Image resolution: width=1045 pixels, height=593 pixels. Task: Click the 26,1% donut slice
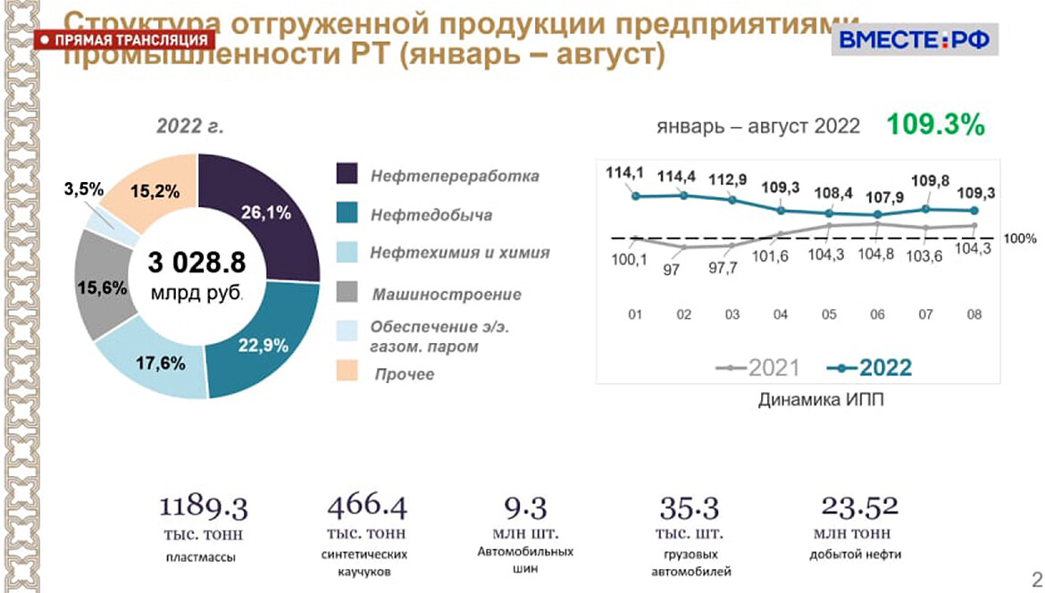[x=268, y=214]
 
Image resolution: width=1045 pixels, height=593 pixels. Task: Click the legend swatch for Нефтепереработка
[x=347, y=175]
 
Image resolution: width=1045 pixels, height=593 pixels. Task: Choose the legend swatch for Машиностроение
[x=347, y=292]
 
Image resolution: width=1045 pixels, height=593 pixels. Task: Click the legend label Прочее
[x=405, y=373]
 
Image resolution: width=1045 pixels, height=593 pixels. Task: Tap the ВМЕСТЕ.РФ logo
[x=914, y=39]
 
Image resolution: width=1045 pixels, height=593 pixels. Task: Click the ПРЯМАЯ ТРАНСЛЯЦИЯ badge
[x=126, y=40]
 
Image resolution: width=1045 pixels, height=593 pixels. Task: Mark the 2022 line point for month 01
[x=636, y=196]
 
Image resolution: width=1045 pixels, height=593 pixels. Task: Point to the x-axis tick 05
[x=830, y=314]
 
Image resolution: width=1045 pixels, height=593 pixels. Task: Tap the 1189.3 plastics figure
[x=204, y=507]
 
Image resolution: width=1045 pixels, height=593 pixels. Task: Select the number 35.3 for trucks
[x=690, y=507]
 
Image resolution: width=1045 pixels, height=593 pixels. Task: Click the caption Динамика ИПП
[x=820, y=401]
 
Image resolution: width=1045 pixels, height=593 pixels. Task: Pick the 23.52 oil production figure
[x=860, y=506]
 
